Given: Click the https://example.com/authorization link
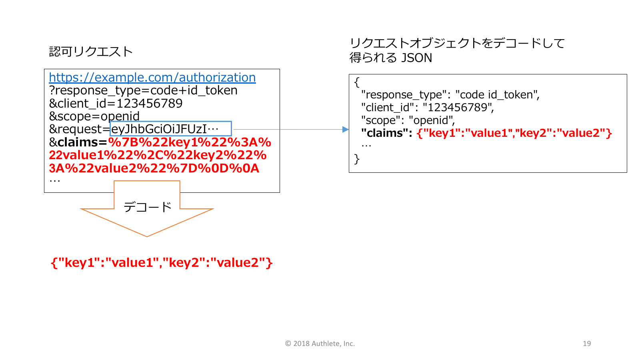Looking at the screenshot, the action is [x=152, y=77].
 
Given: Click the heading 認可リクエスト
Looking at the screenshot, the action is [x=91, y=52].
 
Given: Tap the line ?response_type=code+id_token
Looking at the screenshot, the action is [x=143, y=90].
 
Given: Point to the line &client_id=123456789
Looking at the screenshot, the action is [x=116, y=104].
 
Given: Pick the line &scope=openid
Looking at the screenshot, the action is [x=94, y=116].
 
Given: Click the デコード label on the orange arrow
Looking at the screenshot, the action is [x=148, y=207].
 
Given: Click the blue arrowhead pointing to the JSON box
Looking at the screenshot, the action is [x=346, y=129].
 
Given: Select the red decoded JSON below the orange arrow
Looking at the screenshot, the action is [x=162, y=262].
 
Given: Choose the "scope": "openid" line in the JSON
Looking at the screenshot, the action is [x=408, y=120].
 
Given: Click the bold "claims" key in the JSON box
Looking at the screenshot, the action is [x=386, y=133].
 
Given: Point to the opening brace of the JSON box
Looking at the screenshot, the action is [x=357, y=82].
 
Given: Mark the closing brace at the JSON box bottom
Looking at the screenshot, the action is [x=357, y=159].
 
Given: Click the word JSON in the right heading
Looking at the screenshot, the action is [x=416, y=58].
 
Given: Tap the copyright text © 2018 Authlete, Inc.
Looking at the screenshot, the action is [x=320, y=344].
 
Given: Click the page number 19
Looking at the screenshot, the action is [x=587, y=344].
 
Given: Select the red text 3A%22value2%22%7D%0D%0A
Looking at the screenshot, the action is [x=154, y=168].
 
